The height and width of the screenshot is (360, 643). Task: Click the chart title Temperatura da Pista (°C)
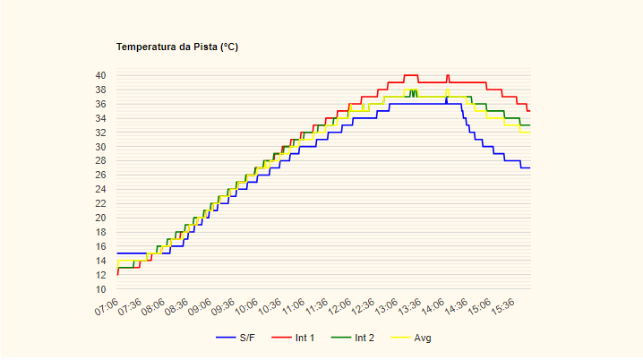(x=177, y=47)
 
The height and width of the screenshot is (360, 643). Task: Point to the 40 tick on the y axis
(x=99, y=75)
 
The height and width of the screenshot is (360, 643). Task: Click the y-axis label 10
(x=99, y=289)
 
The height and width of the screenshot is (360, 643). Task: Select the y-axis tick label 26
(x=99, y=175)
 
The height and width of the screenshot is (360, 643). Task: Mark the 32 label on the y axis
(x=99, y=133)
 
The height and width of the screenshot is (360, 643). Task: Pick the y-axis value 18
(x=99, y=232)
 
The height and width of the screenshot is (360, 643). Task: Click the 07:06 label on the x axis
(x=107, y=307)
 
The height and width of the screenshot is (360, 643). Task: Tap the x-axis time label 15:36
(x=504, y=307)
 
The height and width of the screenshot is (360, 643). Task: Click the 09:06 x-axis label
(x=200, y=307)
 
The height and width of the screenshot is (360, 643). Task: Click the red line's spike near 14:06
(x=448, y=76)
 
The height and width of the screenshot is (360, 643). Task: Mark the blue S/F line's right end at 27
(x=529, y=167)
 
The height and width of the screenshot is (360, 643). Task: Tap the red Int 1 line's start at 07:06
(x=117, y=274)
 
